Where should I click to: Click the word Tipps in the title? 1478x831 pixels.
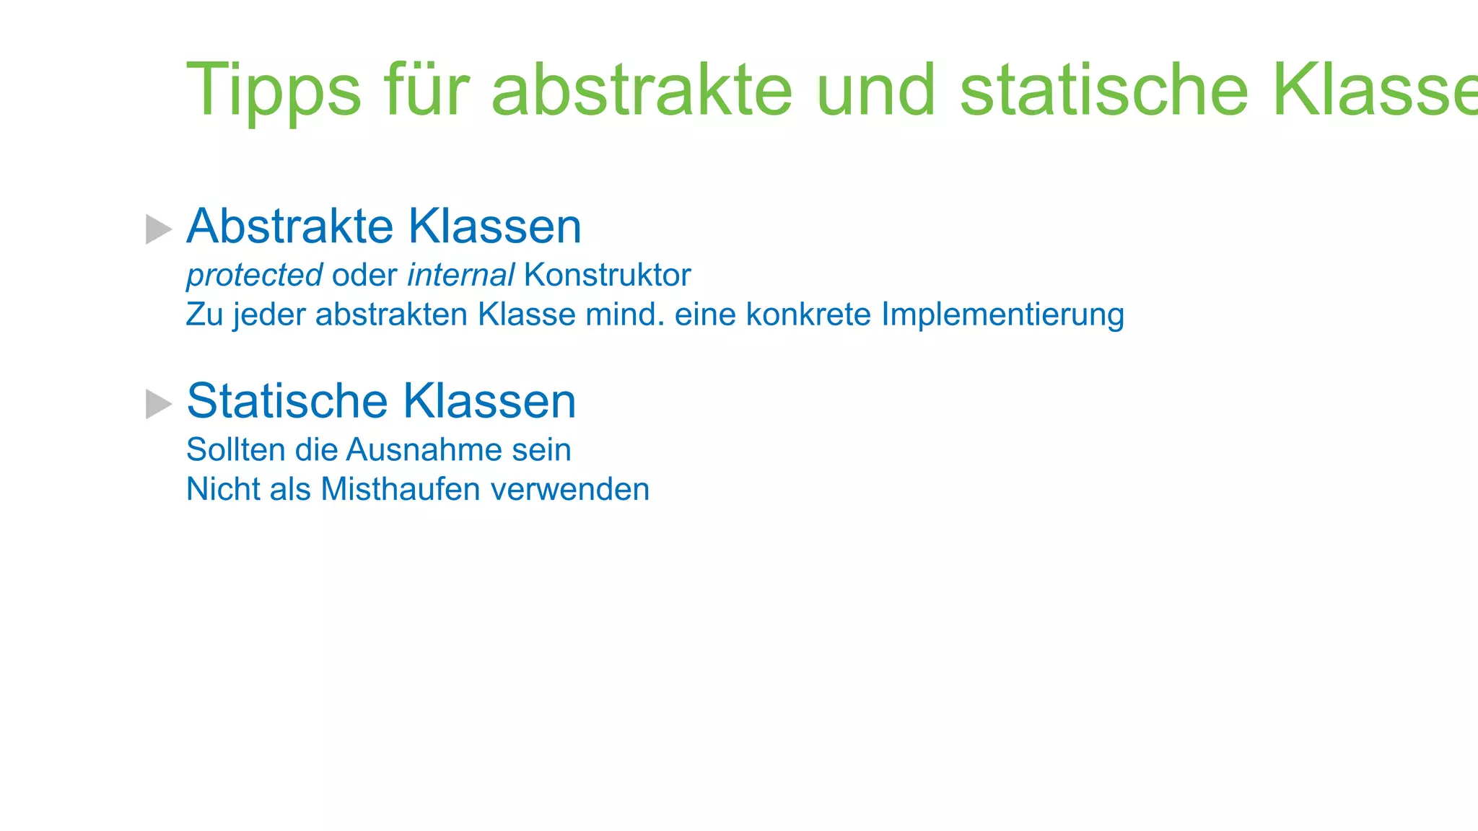pos(274,89)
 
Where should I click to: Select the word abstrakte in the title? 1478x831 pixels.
pos(642,89)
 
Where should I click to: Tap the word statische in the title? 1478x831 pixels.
pos(1103,89)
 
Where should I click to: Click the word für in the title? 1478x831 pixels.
pos(427,89)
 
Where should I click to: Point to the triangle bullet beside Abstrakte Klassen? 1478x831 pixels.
pos(158,229)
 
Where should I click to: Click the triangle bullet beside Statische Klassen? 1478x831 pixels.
pos(158,404)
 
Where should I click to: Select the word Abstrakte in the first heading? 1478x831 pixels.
pos(289,227)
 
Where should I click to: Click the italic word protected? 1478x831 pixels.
pos(254,276)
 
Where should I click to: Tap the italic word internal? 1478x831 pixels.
pos(460,276)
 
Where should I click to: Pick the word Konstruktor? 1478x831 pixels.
pos(608,276)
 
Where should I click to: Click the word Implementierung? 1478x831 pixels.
pos(1002,315)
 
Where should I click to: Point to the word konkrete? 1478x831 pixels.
pos(808,315)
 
